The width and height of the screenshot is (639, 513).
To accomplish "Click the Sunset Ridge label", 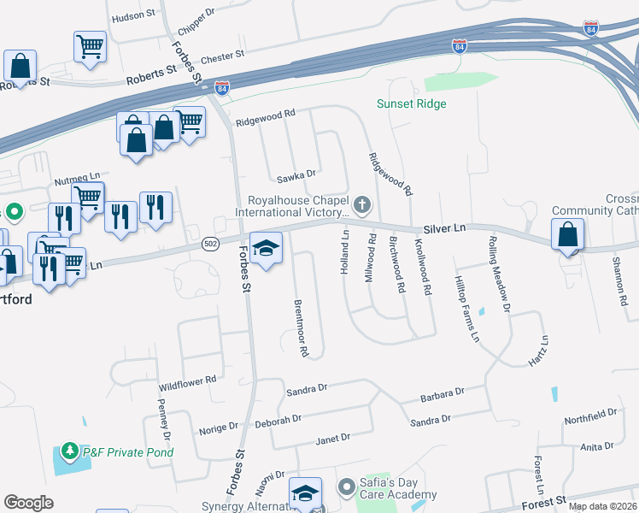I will pos(412,104).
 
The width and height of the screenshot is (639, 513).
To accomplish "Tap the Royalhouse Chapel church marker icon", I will pos(363,204).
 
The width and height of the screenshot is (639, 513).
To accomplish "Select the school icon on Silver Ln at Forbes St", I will pos(267,248).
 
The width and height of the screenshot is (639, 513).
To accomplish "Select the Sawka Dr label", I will pos(297,178).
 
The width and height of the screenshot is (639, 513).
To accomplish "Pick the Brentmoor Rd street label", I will pos(300,327).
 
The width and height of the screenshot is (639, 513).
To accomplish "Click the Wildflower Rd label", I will pos(188,383).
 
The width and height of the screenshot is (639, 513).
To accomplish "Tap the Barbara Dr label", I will pos(442,395).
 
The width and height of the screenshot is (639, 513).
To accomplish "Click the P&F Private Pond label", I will pos(128,451).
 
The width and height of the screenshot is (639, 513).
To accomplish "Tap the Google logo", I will pos(28,503).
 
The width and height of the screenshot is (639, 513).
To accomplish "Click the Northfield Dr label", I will pos(589,416).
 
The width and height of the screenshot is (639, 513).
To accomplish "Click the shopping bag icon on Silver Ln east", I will pos(567,233).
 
